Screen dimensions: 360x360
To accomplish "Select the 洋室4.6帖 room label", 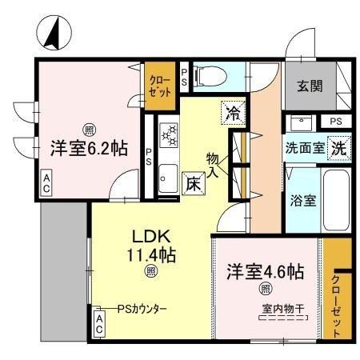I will click(264, 271).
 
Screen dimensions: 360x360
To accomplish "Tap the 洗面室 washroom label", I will click(305, 148).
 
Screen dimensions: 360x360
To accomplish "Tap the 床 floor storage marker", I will click(193, 183).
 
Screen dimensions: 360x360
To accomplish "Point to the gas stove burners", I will click(169, 134).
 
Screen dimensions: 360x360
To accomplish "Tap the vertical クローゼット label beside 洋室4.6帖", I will click(336, 303).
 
